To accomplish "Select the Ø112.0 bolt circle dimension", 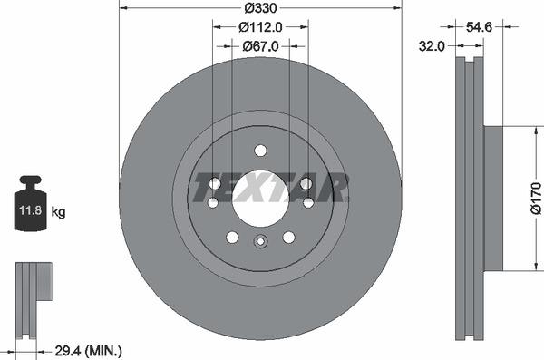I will (x=260, y=27).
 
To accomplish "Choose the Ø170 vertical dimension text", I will (x=534, y=197).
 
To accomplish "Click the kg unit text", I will (x=58, y=213).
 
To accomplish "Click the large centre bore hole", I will (x=260, y=198).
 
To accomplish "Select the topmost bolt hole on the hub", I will (x=260, y=151).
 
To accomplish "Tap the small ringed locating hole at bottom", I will (x=260, y=241).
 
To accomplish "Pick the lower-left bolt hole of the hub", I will (x=232, y=237).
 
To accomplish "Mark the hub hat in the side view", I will (x=492, y=198).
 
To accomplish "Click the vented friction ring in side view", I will (x=470, y=198).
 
